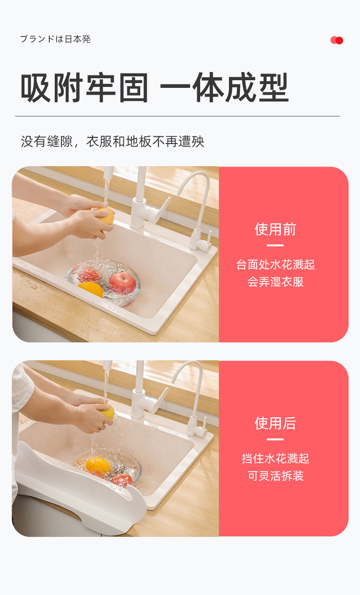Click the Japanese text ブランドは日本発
coord(55,39)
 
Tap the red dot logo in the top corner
coord(337,40)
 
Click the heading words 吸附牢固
coord(84,88)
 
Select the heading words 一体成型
coord(224,88)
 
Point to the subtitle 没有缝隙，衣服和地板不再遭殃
coord(113,142)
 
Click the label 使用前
coord(275,230)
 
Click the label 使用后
coord(275,424)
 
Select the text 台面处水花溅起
coord(276,265)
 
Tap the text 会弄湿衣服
coord(276,282)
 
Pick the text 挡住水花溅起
coord(276,459)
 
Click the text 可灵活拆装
coord(276,476)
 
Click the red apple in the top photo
coord(122,282)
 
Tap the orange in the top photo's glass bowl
coord(91,289)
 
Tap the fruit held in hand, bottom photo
coord(108,411)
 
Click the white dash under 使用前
coord(275,246)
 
